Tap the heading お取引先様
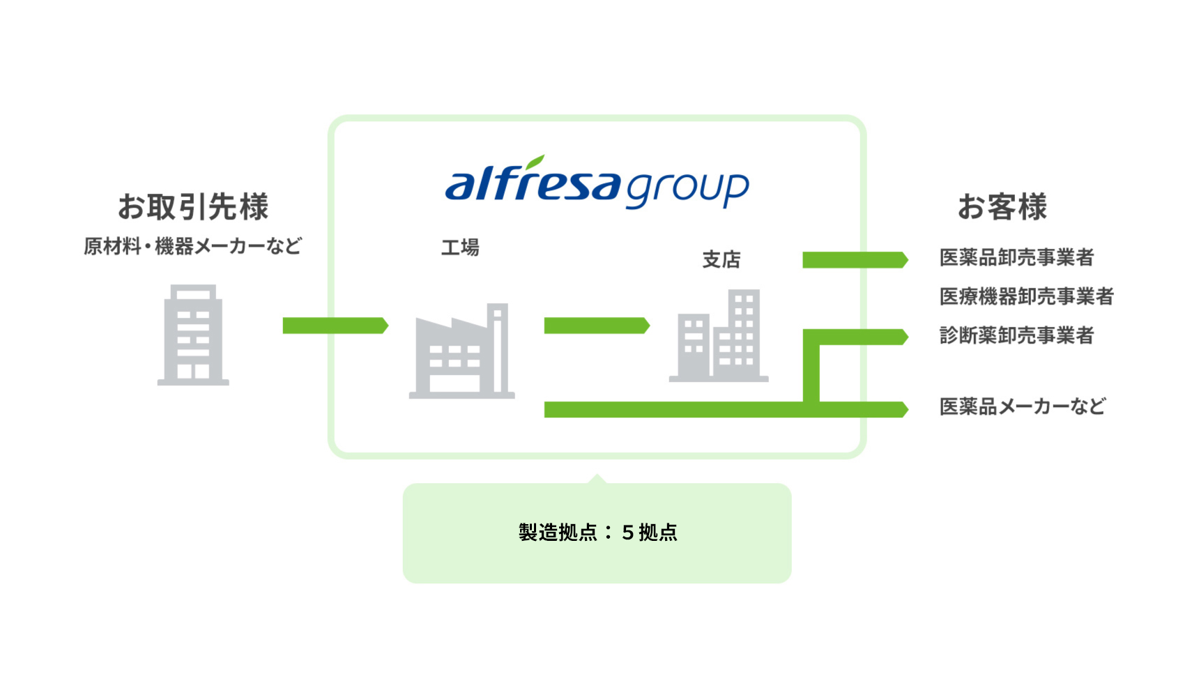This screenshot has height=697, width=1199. (193, 206)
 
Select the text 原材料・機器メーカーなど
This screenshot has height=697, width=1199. (192, 246)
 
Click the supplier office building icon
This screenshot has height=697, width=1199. (193, 335)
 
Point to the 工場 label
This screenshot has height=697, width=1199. (460, 247)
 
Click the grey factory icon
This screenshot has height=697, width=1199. (461, 352)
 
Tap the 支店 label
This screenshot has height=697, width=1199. (721, 260)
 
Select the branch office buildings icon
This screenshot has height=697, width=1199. (719, 337)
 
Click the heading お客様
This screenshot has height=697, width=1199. (1002, 207)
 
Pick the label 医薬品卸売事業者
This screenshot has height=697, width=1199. (1016, 258)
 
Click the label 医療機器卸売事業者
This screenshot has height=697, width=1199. (1026, 297)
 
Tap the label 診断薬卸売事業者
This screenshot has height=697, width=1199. (1016, 336)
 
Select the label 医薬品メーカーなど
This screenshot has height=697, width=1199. (1022, 406)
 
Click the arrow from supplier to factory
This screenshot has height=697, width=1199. (335, 325)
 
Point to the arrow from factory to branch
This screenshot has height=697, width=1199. (596, 325)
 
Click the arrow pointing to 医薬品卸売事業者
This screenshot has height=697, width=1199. (855, 260)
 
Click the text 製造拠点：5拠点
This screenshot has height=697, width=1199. (597, 533)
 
